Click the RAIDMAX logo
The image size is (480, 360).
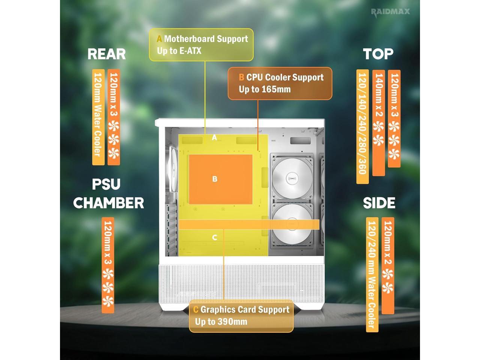(390, 12)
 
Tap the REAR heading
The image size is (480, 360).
(106, 54)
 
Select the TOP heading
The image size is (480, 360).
(378, 54)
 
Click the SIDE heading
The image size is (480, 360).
(379, 203)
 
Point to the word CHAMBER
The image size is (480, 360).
(108, 203)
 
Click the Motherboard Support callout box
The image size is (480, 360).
(201, 45)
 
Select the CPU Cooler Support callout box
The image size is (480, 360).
(280, 83)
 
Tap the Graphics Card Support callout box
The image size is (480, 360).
(241, 316)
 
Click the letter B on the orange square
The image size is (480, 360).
(215, 179)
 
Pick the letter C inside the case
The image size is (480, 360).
(214, 237)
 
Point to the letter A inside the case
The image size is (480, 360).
(214, 138)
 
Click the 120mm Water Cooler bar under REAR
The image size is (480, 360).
(98, 117)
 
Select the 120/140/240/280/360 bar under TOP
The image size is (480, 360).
(362, 126)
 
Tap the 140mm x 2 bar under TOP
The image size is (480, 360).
(379, 123)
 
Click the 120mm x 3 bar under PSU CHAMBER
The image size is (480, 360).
(108, 265)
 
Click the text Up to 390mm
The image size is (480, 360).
(221, 322)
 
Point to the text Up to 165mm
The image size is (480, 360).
(265, 89)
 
